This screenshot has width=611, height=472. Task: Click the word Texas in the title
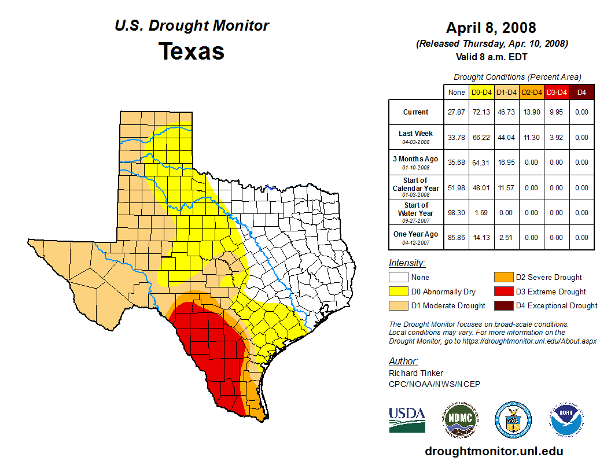[192, 51]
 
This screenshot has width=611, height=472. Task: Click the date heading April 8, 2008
[491, 28]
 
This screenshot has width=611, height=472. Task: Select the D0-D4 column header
[481, 92]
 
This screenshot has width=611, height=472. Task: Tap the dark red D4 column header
[582, 92]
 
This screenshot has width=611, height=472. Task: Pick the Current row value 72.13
[481, 112]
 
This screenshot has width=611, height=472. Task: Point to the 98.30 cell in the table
[457, 212]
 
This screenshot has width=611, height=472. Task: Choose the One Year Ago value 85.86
[457, 237]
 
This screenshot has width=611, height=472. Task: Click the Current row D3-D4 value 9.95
[557, 112]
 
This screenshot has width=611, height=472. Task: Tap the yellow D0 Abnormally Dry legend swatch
[399, 292]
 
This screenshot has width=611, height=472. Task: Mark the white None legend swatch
[399, 278]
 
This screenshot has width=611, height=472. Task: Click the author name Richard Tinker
[415, 373]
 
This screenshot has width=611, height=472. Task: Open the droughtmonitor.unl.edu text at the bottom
[494, 451]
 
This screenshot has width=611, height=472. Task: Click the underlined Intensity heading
[407, 263]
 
